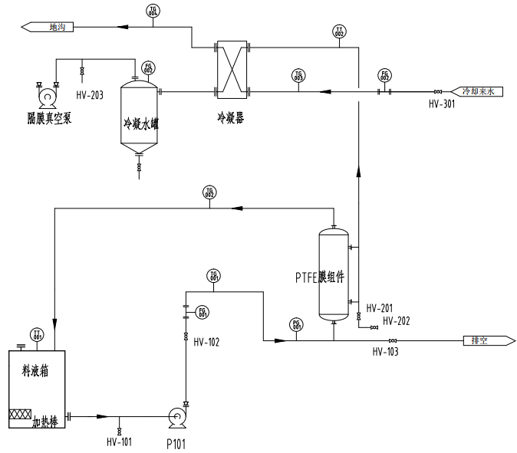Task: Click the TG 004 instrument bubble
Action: click(152, 11)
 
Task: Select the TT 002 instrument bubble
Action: click(339, 31)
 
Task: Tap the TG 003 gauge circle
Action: click(298, 75)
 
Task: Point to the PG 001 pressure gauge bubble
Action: click(297, 324)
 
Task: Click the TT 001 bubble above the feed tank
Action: click(36, 334)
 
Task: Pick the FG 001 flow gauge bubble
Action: click(203, 312)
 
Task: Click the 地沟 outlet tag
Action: click(53, 28)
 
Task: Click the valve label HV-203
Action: click(90, 95)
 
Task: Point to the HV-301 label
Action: click(441, 104)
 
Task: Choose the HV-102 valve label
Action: click(206, 342)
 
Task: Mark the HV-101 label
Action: click(119, 442)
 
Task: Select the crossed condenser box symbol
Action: click(232, 71)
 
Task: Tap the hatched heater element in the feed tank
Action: click(18, 415)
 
